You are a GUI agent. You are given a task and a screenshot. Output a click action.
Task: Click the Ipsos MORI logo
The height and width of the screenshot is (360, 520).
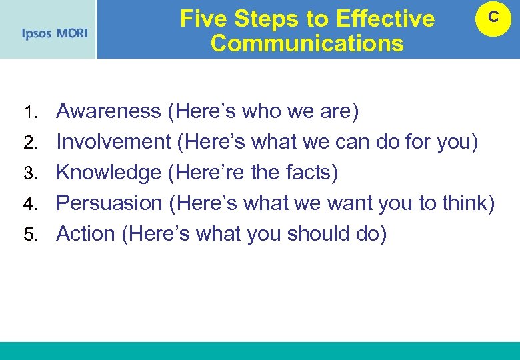[55, 33]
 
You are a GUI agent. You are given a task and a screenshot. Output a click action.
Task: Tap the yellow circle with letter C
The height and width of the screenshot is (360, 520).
[493, 19]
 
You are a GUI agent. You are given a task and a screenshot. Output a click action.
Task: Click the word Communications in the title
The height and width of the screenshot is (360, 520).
[307, 43]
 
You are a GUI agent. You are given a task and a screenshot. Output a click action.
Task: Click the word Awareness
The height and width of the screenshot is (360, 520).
[108, 111]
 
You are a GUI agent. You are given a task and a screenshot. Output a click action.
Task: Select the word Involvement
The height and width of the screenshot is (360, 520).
[114, 141]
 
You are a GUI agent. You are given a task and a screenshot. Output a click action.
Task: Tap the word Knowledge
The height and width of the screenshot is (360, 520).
[109, 173]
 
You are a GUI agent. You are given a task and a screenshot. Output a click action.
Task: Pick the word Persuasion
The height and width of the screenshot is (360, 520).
[109, 203]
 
